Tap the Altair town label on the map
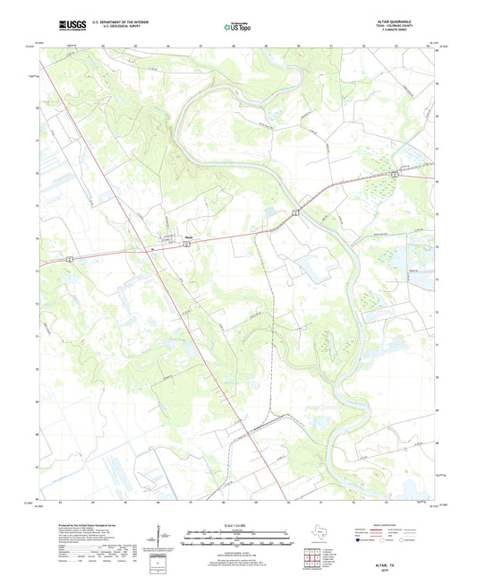click(x=189, y=237)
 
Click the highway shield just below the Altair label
click(x=186, y=244)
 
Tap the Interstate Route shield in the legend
click(x=362, y=541)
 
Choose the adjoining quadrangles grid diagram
click(x=314, y=560)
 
